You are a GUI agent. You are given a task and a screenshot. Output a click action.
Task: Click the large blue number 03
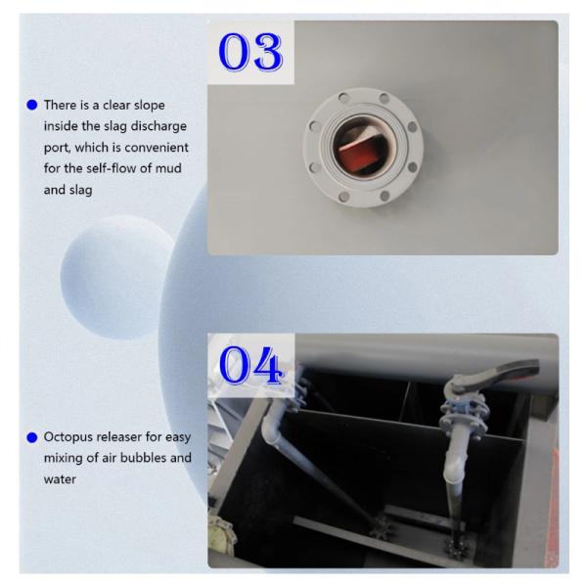(250, 52)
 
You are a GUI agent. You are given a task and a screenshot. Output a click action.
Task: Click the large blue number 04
(250, 365)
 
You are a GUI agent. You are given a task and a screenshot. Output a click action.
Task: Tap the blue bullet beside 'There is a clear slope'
(32, 105)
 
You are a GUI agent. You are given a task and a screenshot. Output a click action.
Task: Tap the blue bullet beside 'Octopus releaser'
(32, 437)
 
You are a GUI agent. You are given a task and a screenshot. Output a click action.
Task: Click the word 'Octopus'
(68, 437)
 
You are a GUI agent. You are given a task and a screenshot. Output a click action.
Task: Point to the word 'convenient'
(157, 148)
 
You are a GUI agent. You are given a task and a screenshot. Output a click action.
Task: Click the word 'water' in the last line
(60, 479)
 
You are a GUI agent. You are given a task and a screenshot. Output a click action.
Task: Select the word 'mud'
(168, 168)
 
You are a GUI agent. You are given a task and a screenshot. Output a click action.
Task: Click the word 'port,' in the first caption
(58, 149)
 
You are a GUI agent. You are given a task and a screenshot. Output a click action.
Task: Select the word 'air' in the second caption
(110, 458)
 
